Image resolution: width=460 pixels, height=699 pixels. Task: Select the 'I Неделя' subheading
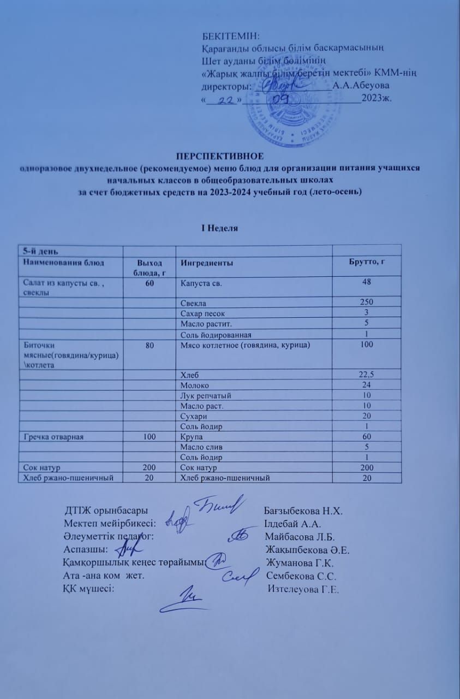click(220, 228)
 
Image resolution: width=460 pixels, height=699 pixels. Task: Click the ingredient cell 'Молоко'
click(194, 384)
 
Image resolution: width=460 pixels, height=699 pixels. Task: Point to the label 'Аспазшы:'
click(85, 549)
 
